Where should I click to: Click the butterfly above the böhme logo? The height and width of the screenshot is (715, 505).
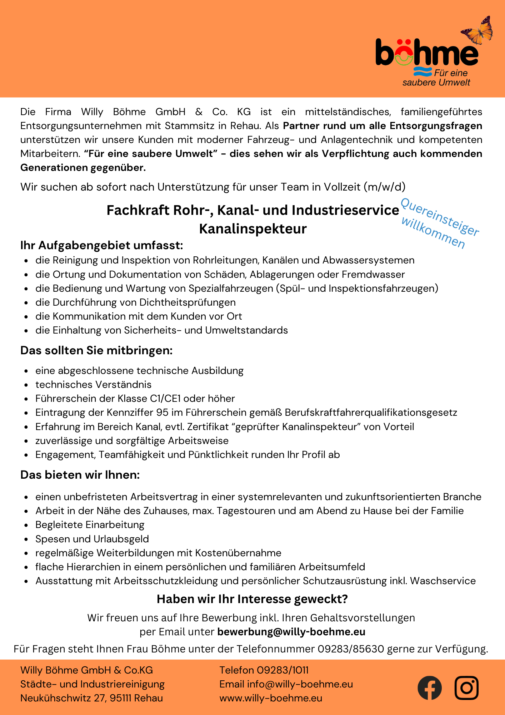pyautogui.click(x=477, y=30)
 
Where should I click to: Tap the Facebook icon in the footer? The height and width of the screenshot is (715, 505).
pyautogui.click(x=430, y=688)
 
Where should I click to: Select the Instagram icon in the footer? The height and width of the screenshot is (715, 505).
pyautogui.click(x=466, y=688)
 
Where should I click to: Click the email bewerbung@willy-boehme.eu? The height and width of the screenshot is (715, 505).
pyautogui.click(x=291, y=632)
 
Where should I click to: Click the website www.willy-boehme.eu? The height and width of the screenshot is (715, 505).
pyautogui.click(x=271, y=698)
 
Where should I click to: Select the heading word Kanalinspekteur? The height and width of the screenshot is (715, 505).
pyautogui.click(x=252, y=229)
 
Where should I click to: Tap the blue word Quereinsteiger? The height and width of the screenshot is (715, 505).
pyautogui.click(x=440, y=217)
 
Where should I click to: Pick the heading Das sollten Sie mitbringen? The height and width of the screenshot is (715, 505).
pyautogui.click(x=96, y=350)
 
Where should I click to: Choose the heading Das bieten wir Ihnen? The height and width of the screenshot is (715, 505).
pyautogui.click(x=80, y=475)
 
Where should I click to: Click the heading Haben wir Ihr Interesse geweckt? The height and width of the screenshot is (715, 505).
pyautogui.click(x=252, y=599)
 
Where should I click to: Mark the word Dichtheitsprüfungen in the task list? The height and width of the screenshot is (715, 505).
pyautogui.click(x=187, y=302)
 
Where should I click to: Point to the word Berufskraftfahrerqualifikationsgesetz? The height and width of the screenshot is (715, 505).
pyautogui.click(x=371, y=413)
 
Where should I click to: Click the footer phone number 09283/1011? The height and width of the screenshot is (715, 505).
pyautogui.click(x=283, y=670)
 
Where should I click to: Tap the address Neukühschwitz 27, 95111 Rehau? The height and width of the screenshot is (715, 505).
pyautogui.click(x=91, y=698)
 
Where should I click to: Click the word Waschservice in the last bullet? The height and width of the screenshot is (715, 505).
pyautogui.click(x=442, y=581)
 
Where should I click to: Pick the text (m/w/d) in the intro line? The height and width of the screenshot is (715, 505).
pyautogui.click(x=385, y=187)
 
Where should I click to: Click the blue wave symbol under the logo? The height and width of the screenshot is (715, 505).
pyautogui.click(x=422, y=71)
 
